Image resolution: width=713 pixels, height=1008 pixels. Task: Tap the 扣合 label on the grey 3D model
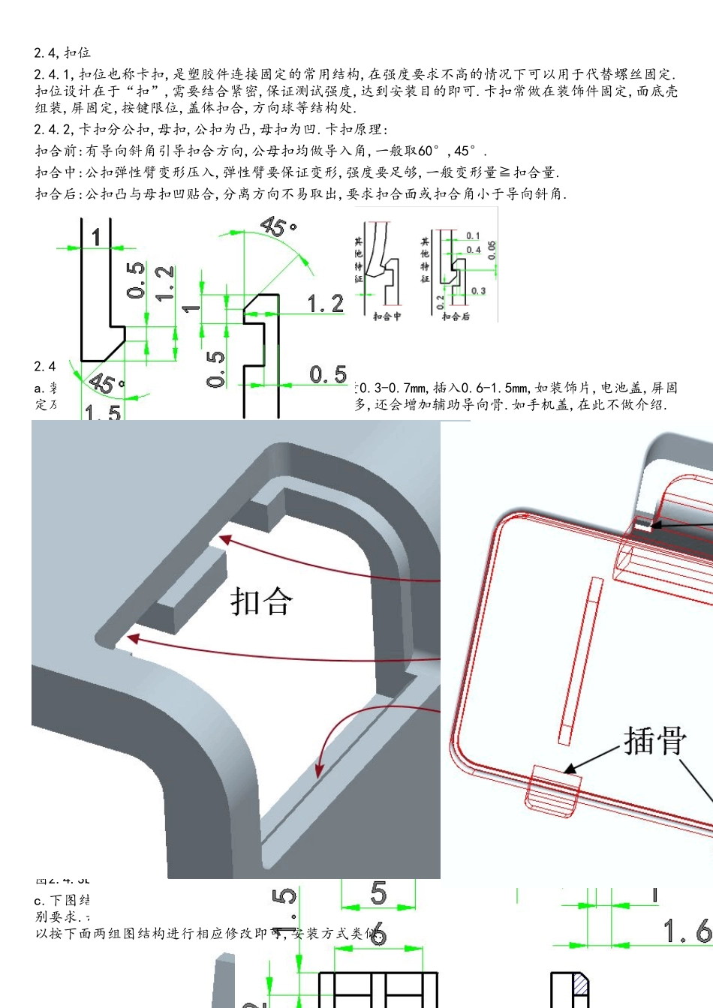[x=261, y=601]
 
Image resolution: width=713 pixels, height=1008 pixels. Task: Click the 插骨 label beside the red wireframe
[x=655, y=741]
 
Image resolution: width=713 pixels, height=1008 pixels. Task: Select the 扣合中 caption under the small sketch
[x=387, y=316]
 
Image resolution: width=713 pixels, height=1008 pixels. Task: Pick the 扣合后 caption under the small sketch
[x=456, y=316]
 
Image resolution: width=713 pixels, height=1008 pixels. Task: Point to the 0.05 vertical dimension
[x=492, y=250]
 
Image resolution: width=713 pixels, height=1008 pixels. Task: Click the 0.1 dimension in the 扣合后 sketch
[x=473, y=236]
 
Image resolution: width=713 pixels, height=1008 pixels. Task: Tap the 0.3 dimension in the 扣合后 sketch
[x=478, y=291]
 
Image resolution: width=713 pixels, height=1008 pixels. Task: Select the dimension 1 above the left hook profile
[x=96, y=237]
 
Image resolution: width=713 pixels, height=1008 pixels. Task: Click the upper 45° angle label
[x=278, y=226]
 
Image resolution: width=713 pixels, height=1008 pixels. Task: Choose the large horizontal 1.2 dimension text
[x=326, y=304]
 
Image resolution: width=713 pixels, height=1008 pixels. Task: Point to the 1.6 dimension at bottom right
[x=687, y=931]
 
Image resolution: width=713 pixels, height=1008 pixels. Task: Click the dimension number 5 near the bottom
[x=378, y=892]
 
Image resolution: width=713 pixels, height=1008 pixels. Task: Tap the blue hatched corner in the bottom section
[x=581, y=985]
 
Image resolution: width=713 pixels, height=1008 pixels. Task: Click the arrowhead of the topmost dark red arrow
[x=223, y=538]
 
